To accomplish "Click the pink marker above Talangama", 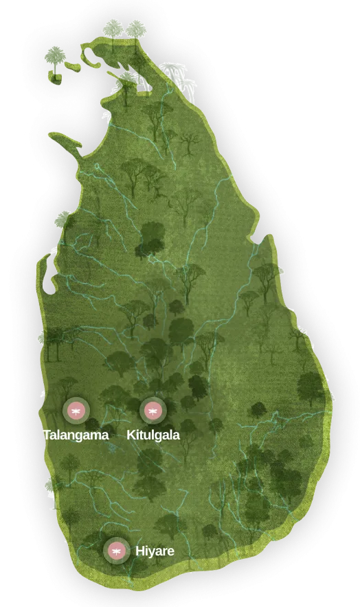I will pyautogui.click(x=75, y=411).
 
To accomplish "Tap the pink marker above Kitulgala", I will pyautogui.click(x=152, y=411).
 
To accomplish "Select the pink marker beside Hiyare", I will pyautogui.click(x=117, y=550).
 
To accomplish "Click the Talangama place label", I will pyautogui.click(x=75, y=435).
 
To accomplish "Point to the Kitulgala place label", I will pyautogui.click(x=153, y=435).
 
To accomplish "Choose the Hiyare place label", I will pyautogui.click(x=155, y=551).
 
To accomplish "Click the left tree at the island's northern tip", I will pyautogui.click(x=113, y=29).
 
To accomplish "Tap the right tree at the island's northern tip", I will pyautogui.click(x=136, y=29).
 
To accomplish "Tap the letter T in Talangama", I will pyautogui.click(x=46, y=435).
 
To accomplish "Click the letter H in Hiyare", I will pyautogui.click(x=139, y=551).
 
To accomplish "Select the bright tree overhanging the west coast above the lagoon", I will pyautogui.click(x=63, y=220).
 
